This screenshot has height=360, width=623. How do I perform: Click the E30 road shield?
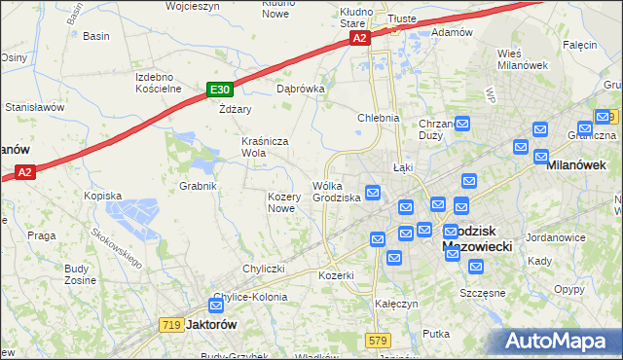219,90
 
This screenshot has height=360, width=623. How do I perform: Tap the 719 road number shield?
171,324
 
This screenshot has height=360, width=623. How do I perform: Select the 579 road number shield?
379,340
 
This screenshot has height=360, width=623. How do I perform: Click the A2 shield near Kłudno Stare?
360,38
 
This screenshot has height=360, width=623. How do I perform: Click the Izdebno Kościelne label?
160,82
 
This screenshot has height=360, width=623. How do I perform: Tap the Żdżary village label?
236,109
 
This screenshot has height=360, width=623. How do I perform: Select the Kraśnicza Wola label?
266,147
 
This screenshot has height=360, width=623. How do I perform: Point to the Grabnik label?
198,185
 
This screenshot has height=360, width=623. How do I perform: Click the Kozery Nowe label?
281,202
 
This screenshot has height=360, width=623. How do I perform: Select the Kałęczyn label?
396,304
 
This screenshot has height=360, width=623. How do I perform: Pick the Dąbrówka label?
300,88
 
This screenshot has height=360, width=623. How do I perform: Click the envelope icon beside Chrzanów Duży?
462,125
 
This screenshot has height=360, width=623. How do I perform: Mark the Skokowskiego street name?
115,249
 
